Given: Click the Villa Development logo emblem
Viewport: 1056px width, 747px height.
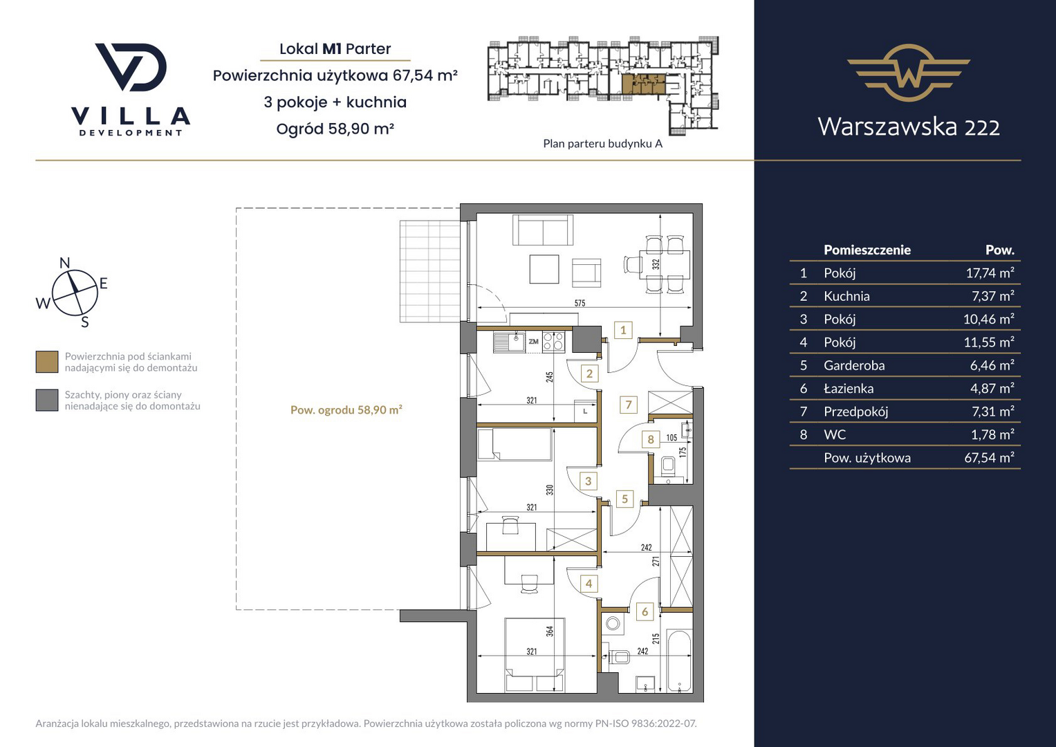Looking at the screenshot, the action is [131, 67].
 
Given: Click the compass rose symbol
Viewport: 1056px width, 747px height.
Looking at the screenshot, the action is [75, 293].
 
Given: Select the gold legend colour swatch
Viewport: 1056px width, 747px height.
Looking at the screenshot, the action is [47, 362].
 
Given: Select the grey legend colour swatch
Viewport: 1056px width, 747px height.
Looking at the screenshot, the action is [47, 400].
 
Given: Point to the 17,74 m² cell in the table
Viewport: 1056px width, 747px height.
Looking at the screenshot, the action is [990, 273].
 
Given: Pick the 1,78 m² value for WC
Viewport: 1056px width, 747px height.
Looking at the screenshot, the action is [992, 434].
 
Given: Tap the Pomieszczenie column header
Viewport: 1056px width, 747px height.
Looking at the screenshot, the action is [867, 250].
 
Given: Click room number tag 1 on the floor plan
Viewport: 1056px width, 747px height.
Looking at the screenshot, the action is [623, 330].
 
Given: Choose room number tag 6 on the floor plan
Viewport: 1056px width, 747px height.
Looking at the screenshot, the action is [645, 611].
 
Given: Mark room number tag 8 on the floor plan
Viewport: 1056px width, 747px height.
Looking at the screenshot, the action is [651, 439].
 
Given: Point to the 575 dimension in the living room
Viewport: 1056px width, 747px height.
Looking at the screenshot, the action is [580, 303].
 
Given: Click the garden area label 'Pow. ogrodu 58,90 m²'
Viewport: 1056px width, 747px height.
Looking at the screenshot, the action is [346, 409].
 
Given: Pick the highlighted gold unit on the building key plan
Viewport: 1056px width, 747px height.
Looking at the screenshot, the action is [644, 84].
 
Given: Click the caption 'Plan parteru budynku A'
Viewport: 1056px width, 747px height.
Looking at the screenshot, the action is [602, 143].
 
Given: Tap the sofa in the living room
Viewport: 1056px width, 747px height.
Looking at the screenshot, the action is [543, 230].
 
